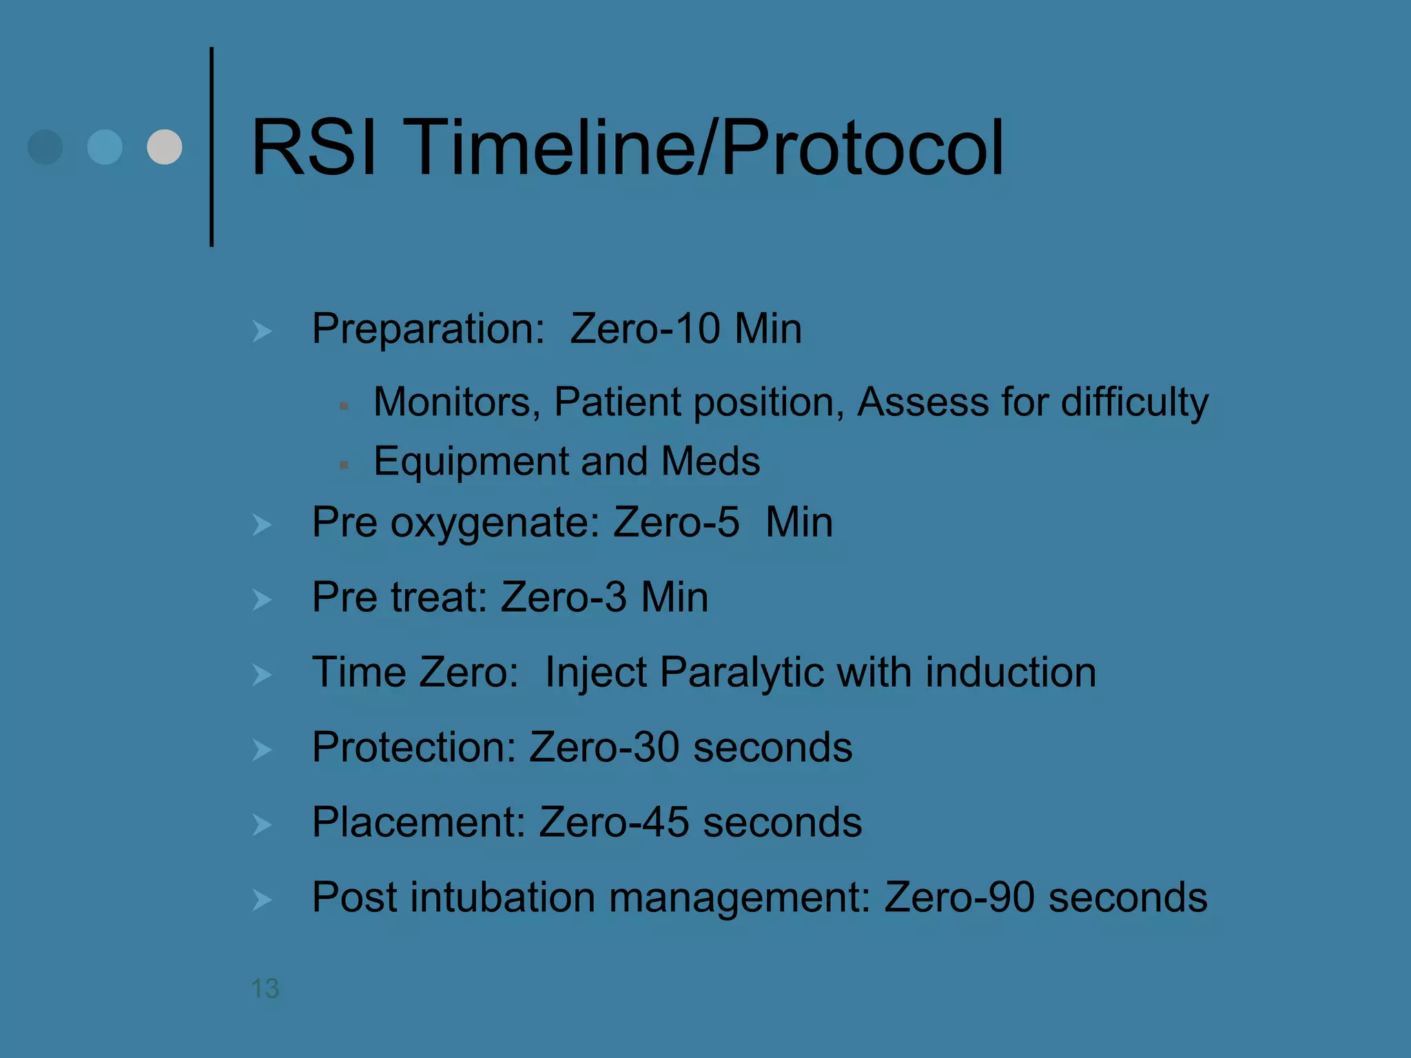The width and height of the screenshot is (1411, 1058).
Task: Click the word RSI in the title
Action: coord(313,148)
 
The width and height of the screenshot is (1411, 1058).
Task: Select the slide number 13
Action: coord(265,988)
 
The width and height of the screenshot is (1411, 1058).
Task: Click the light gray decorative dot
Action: coord(165,147)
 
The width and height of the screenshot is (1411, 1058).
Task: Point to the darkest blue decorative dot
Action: coord(45,147)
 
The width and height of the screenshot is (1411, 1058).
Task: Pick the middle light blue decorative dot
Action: coord(105,147)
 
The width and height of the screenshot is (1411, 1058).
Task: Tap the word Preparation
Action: coord(428,329)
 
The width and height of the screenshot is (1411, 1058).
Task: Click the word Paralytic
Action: coord(741,673)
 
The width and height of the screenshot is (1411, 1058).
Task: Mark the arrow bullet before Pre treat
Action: coord(262,600)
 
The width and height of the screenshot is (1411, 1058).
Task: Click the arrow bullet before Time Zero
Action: coord(262,675)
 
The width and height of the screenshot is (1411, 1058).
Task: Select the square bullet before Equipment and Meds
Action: coord(344,465)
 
